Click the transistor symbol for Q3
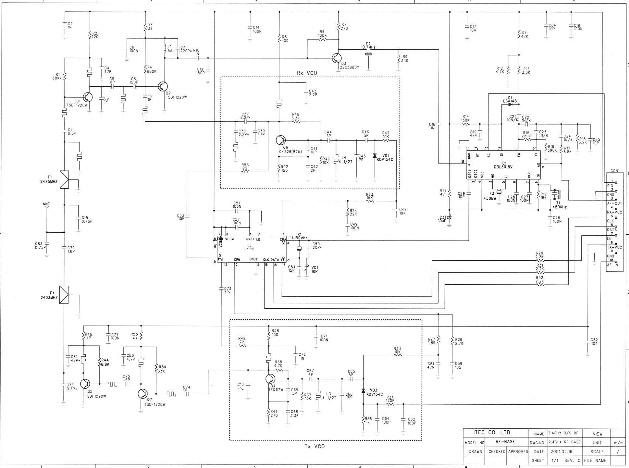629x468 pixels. click(x=337, y=58)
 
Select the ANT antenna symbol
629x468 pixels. click(x=46, y=207)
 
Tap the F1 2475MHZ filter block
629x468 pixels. click(x=64, y=179)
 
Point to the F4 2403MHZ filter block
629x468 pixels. click(x=64, y=295)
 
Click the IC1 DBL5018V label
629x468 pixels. click(x=503, y=165)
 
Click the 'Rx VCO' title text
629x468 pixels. click(x=307, y=73)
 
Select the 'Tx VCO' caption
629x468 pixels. click(x=314, y=446)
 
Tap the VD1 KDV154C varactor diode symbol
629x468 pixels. click(x=375, y=156)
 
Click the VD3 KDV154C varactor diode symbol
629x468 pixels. click(x=363, y=391)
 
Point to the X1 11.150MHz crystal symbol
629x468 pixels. click(x=299, y=249)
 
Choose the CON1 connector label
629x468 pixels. click(x=615, y=171)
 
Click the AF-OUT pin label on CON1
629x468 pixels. click(x=614, y=203)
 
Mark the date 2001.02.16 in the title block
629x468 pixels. click(x=561, y=451)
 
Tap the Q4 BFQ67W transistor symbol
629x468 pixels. click(x=270, y=378)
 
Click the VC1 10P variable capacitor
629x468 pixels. click(x=307, y=268)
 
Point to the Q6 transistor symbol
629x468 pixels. click(x=280, y=140)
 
